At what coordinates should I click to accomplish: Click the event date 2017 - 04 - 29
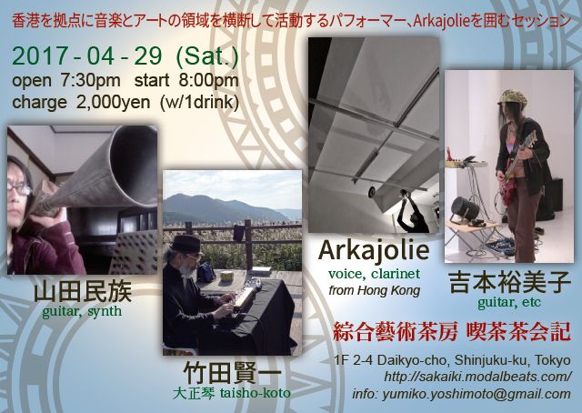[x=87, y=56]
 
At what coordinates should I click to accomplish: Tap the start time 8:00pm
[x=208, y=81]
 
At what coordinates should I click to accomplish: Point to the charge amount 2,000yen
[x=113, y=102]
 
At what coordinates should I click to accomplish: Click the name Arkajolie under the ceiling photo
[x=374, y=251]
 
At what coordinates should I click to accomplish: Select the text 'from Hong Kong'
[x=374, y=290]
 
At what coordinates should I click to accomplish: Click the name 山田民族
[x=83, y=293]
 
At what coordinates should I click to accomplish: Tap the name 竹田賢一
[x=233, y=372]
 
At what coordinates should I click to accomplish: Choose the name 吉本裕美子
[x=510, y=283]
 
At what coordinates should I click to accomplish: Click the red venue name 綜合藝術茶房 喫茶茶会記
[x=451, y=332]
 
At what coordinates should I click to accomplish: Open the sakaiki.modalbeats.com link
[x=477, y=377]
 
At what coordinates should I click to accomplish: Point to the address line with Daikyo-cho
[x=452, y=360]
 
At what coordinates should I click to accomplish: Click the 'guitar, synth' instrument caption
[x=82, y=311]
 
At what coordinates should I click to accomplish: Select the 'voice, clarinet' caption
[x=374, y=274]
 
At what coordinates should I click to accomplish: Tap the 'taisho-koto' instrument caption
[x=255, y=393]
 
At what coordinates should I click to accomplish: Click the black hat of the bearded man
[x=186, y=244]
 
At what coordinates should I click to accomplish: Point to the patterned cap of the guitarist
[x=512, y=97]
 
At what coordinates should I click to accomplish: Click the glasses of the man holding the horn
[x=19, y=189]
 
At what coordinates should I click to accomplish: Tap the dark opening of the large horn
[x=135, y=164]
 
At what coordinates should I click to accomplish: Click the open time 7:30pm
[x=90, y=81]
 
